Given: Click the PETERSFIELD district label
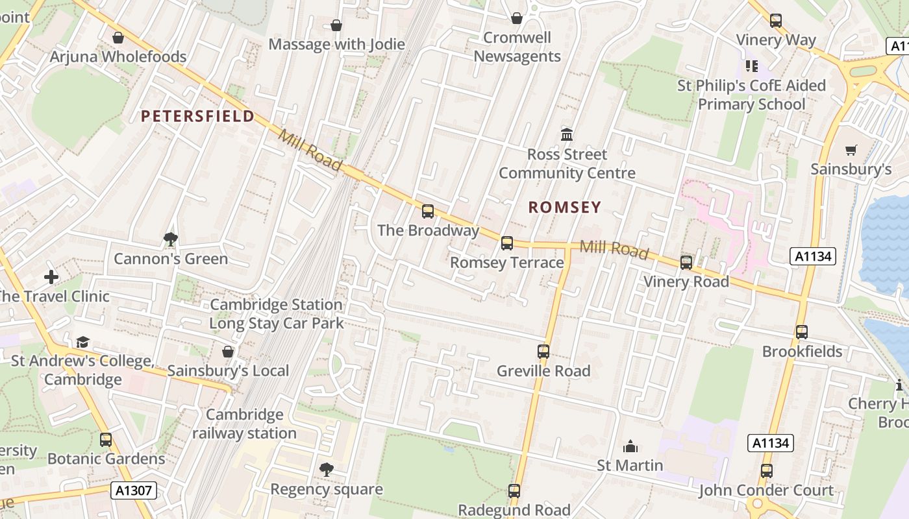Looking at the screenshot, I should [197, 116].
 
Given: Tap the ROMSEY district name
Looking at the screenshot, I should [564, 207].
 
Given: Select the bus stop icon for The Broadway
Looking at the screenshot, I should [427, 211].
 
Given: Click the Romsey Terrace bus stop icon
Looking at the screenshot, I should [507, 243].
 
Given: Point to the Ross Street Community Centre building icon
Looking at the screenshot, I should [567, 135].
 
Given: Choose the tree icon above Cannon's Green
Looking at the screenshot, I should [171, 239].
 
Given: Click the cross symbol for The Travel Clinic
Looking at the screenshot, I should [51, 277].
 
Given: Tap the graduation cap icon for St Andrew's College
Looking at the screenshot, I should [82, 342].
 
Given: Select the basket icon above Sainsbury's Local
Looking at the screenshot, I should [228, 352].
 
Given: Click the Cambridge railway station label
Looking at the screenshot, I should [244, 424].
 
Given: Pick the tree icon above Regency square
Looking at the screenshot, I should [327, 469].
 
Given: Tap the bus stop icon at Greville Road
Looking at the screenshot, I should [543, 352].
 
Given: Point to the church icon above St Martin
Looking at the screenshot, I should [630, 446].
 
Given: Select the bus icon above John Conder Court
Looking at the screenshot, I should [766, 471].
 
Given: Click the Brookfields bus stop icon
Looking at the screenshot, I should [802, 332].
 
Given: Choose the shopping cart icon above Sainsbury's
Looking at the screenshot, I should [851, 151].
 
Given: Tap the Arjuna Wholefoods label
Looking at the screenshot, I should [118, 56].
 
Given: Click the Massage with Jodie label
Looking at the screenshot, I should [336, 44].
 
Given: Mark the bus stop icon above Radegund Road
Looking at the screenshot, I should [514, 491].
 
